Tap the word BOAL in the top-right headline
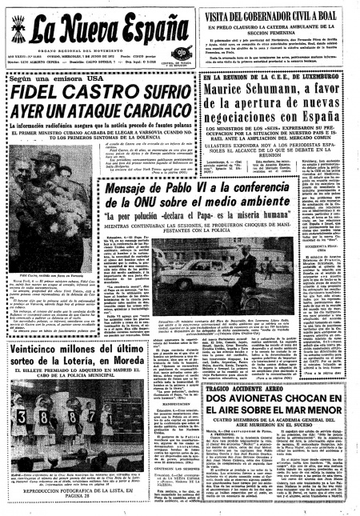point(340,18)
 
